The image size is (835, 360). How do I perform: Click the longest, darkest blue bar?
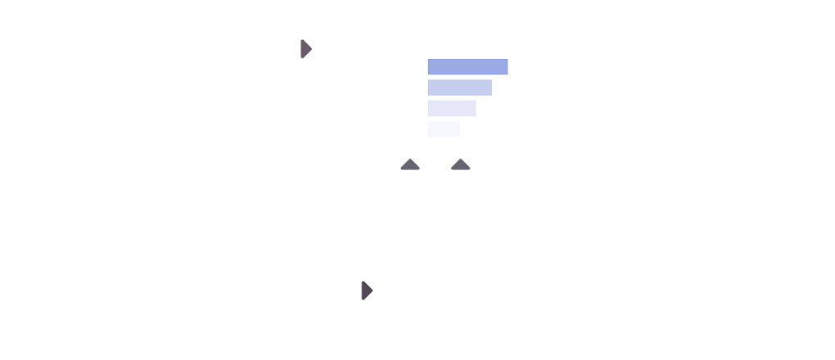(x=467, y=66)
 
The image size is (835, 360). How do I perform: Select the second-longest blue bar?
(x=459, y=88)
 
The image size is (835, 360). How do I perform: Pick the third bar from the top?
(x=451, y=108)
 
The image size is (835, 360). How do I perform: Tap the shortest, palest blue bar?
(x=443, y=129)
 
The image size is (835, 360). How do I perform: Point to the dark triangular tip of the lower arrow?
(x=364, y=290)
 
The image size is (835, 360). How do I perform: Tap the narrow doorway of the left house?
(x=409, y=174)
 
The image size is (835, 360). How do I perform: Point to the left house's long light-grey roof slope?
(x=422, y=163)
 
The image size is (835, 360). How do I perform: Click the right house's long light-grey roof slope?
(x=473, y=163)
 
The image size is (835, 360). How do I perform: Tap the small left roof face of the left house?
(x=404, y=160)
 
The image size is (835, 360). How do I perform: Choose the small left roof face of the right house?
(x=455, y=160)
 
